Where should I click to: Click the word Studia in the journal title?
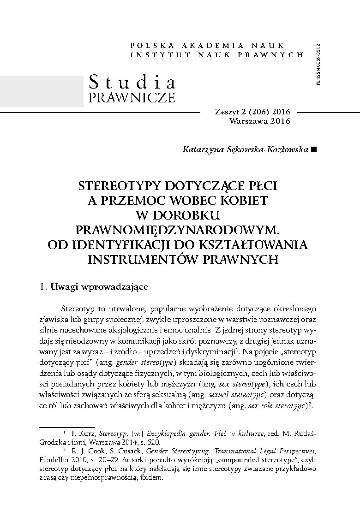[x=132, y=82]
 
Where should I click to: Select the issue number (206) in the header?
[x=261, y=112]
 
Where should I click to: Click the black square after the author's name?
[x=314, y=149]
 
